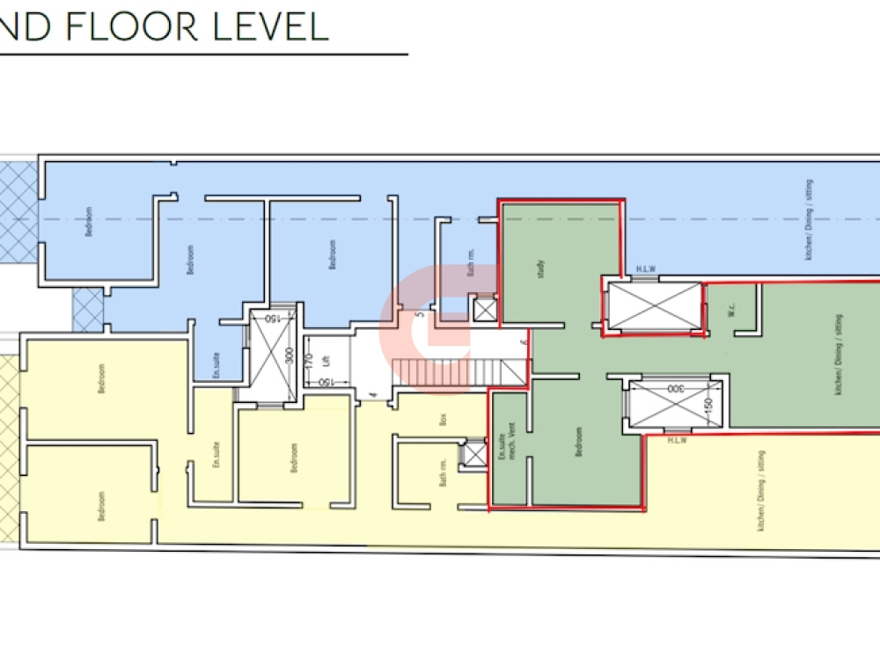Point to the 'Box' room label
pos(444,419)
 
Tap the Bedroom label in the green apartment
pos(578,442)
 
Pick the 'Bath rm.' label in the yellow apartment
pos(444,475)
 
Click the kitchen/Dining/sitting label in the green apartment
pos(837,355)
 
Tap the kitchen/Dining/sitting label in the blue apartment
pos(809,219)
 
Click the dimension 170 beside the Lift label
pos(309,360)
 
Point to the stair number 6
pos(523,341)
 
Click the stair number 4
pos(373,395)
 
